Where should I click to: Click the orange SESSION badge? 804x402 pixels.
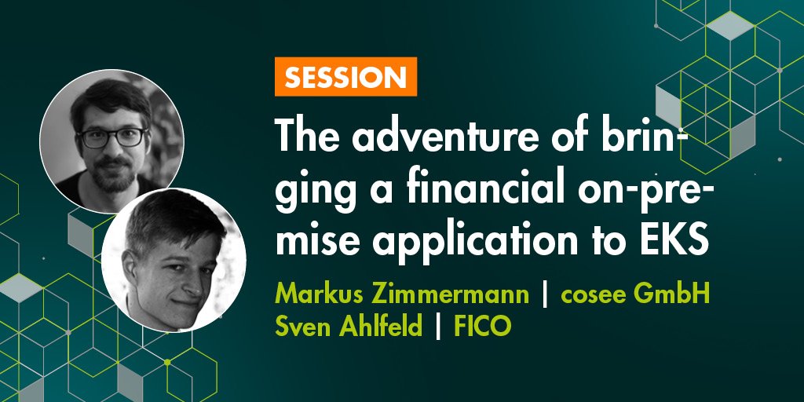(x=345, y=77)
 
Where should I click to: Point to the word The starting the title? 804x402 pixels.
(x=307, y=141)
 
